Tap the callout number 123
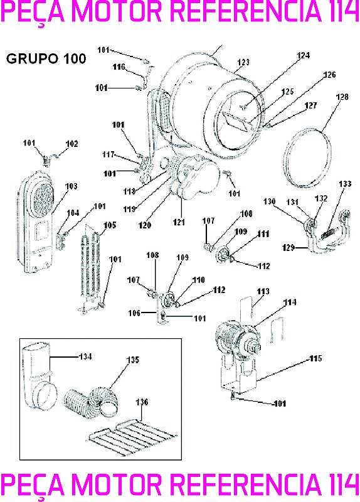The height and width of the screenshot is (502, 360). click(x=243, y=62)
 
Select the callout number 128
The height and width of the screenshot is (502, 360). click(x=342, y=97)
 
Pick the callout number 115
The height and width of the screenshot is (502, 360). click(x=315, y=358)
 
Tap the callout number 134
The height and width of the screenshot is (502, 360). click(x=85, y=356)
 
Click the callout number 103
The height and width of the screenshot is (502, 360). click(x=71, y=186)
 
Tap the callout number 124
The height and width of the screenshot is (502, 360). click(x=304, y=55)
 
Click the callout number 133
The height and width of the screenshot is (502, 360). click(x=345, y=184)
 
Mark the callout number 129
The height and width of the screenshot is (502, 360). click(x=287, y=248)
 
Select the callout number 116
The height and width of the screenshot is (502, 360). click(x=119, y=67)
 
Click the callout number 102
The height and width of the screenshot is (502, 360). click(x=71, y=144)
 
